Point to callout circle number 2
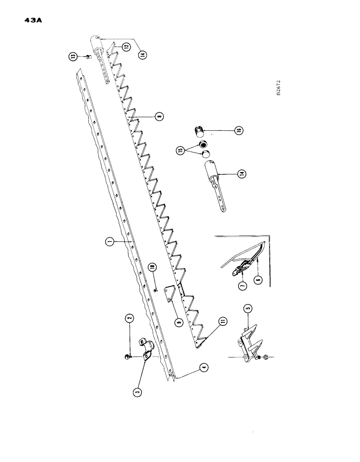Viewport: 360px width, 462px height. (x=130, y=318)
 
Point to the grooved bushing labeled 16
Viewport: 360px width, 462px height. (x=199, y=131)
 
